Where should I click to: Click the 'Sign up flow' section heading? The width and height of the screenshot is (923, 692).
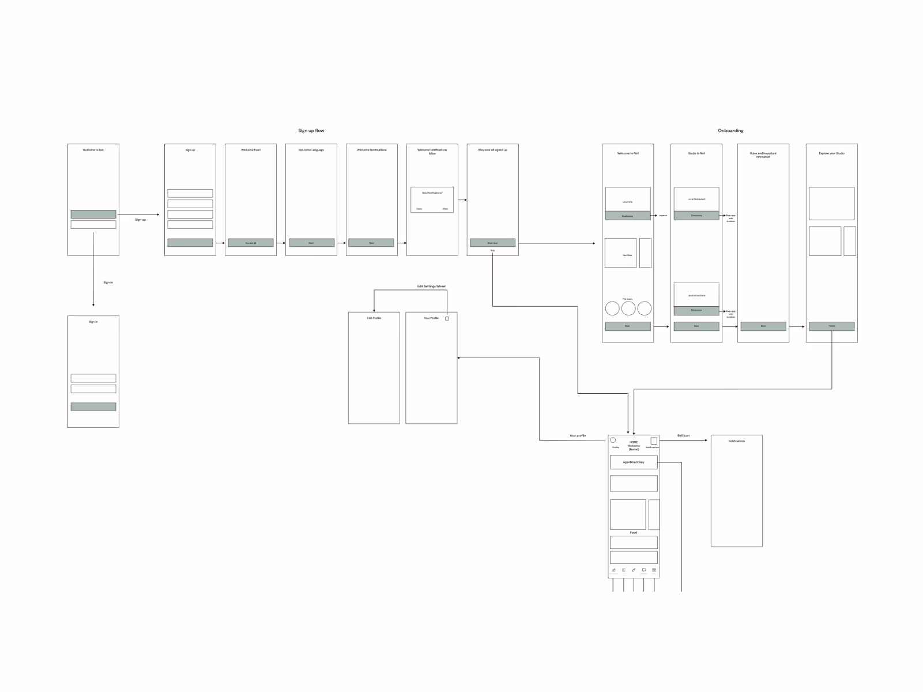pos(311,131)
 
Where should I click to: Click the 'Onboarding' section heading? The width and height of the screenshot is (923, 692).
pos(730,131)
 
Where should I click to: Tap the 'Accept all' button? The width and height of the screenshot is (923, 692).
pos(251,243)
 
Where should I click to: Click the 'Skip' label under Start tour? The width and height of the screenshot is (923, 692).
pos(492,250)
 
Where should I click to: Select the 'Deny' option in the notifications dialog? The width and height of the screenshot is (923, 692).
pos(419,208)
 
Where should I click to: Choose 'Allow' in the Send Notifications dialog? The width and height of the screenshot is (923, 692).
pos(444,208)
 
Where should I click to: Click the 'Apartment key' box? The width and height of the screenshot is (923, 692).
pos(634,462)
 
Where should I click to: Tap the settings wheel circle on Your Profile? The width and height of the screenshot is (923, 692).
pos(447,318)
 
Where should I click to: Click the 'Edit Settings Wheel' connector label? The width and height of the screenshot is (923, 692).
pos(431,286)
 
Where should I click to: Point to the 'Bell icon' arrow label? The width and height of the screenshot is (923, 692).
pos(683,435)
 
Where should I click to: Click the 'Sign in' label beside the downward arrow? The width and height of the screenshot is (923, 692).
pos(108,283)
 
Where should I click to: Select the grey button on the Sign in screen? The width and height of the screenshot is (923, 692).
pos(93,407)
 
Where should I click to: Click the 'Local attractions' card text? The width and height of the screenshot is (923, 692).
pos(696,295)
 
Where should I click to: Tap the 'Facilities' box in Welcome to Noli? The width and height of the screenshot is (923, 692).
pos(621,253)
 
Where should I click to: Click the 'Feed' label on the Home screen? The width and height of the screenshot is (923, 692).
pos(634,533)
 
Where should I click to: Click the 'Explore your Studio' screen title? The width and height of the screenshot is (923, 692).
pos(831,153)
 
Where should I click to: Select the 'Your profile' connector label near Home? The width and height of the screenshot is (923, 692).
pos(577,435)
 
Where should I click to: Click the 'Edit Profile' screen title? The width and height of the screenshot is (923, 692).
pos(374,318)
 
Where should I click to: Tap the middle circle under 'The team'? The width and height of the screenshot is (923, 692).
pos(628,309)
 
